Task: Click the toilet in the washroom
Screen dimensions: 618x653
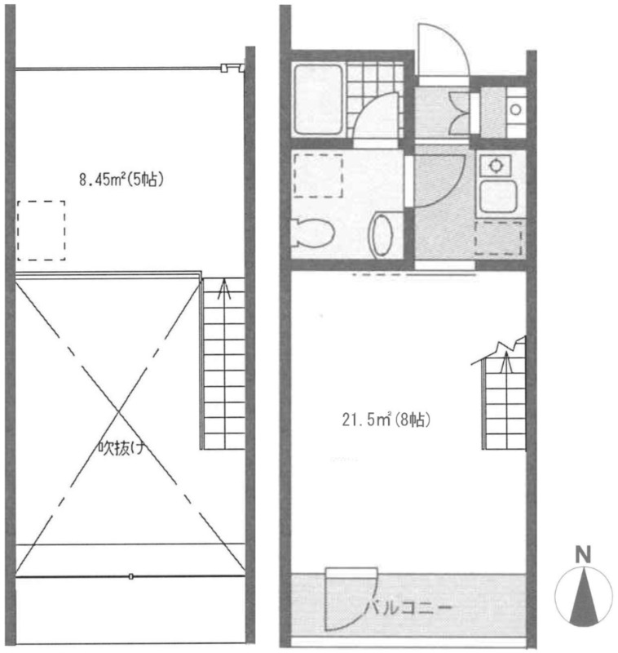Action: (313, 233)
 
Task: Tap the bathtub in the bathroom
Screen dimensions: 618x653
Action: (318, 100)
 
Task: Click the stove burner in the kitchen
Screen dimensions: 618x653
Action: (496, 166)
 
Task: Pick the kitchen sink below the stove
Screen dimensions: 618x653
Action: (498, 197)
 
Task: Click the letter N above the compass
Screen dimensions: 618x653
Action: (583, 555)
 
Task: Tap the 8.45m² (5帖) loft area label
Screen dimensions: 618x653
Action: (121, 180)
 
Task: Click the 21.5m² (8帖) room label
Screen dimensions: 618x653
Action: (386, 420)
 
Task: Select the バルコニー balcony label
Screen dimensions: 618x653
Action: (408, 608)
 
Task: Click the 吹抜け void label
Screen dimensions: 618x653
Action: (121, 448)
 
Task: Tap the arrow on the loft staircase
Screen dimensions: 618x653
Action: (224, 289)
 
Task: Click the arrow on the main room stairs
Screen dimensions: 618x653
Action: (505, 362)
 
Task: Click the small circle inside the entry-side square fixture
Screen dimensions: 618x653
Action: (516, 110)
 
